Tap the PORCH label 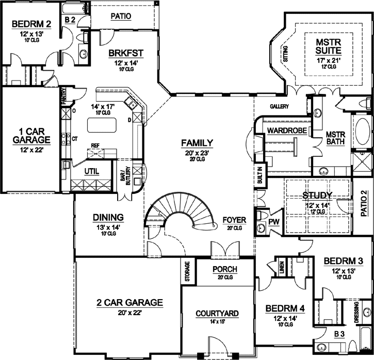(x=225, y=269)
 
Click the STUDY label (x=317, y=195)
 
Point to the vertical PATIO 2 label (x=363, y=203)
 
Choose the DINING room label (x=108, y=217)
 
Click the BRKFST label (x=125, y=54)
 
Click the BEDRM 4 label (x=285, y=308)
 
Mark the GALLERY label (x=279, y=106)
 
